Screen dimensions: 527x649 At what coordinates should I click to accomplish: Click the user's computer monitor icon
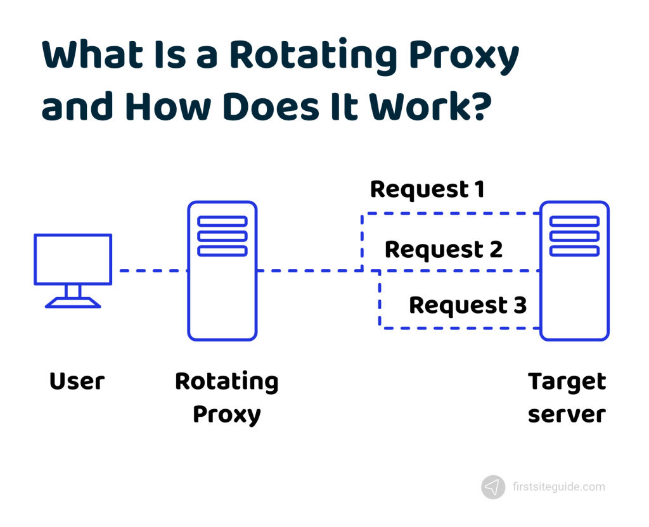73,260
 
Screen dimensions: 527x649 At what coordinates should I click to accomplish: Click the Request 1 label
427,189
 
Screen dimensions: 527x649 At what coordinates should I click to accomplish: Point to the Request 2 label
444,250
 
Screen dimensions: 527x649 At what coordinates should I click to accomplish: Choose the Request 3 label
468,305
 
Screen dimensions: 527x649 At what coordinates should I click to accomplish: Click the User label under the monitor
77,382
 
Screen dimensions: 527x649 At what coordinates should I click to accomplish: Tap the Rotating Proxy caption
226,398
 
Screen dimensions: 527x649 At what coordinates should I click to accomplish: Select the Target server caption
567,398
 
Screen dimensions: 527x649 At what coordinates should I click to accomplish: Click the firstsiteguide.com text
558,487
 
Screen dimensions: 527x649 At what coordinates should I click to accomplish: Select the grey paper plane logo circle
493,487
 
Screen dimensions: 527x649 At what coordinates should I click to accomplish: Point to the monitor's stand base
73,303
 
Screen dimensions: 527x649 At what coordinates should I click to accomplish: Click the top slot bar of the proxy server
222,221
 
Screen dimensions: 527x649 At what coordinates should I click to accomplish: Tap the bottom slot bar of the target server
574,251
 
